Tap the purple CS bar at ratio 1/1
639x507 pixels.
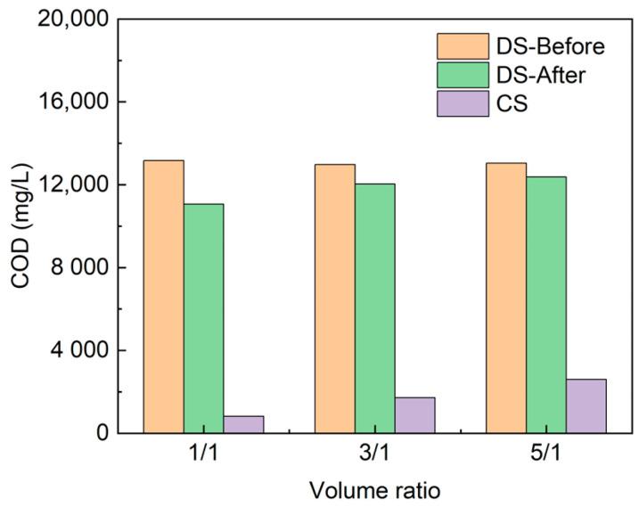pyautogui.click(x=243, y=424)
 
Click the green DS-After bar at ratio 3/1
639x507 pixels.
pyautogui.click(x=375, y=308)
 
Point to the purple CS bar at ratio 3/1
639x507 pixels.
pyautogui.click(x=414, y=415)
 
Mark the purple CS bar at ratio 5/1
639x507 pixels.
pyautogui.click(x=586, y=406)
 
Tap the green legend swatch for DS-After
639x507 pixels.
pyautogui.click(x=463, y=75)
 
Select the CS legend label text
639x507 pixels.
pyautogui.click(x=514, y=104)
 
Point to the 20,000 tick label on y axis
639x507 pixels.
pyautogui.click(x=73, y=20)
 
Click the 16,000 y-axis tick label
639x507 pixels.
pyautogui.click(x=73, y=102)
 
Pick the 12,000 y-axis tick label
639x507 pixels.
pyautogui.click(x=73, y=185)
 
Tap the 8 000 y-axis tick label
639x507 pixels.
pyautogui.click(x=78, y=268)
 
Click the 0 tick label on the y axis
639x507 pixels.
pyautogui.click(x=102, y=434)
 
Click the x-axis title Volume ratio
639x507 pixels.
pyautogui.click(x=374, y=489)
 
